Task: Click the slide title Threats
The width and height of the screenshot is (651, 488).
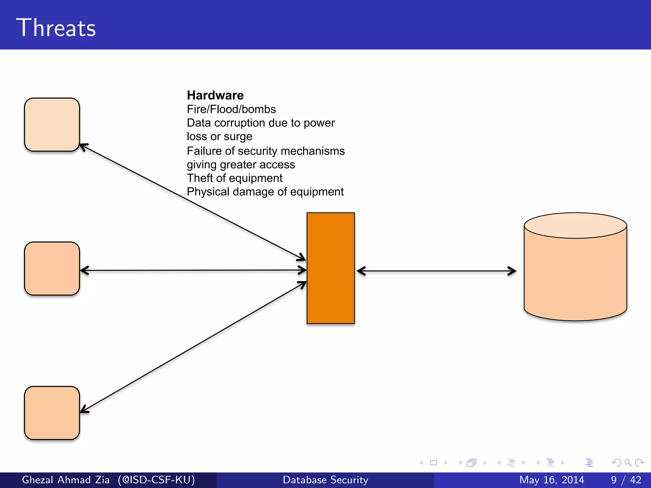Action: [56, 28]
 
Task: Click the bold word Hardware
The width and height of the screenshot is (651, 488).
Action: [215, 95]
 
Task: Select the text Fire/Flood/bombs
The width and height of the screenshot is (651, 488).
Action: [231, 109]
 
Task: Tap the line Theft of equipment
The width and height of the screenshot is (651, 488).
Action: [234, 178]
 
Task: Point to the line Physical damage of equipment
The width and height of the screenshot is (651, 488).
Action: [265, 192]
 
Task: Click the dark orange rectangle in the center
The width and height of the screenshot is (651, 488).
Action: [331, 268]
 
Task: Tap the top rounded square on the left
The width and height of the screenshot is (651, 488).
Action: [52, 125]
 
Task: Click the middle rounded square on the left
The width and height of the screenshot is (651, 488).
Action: [52, 268]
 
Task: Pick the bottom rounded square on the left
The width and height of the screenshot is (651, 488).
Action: [52, 413]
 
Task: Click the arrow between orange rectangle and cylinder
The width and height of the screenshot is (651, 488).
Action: [436, 271]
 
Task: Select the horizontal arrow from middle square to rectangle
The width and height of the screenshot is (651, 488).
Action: [193, 270]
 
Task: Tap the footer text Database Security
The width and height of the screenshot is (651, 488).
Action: [325, 480]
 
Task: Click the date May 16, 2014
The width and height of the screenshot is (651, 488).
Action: [552, 480]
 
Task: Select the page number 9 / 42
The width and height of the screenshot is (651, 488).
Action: [626, 480]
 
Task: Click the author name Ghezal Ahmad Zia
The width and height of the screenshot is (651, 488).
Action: [66, 480]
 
